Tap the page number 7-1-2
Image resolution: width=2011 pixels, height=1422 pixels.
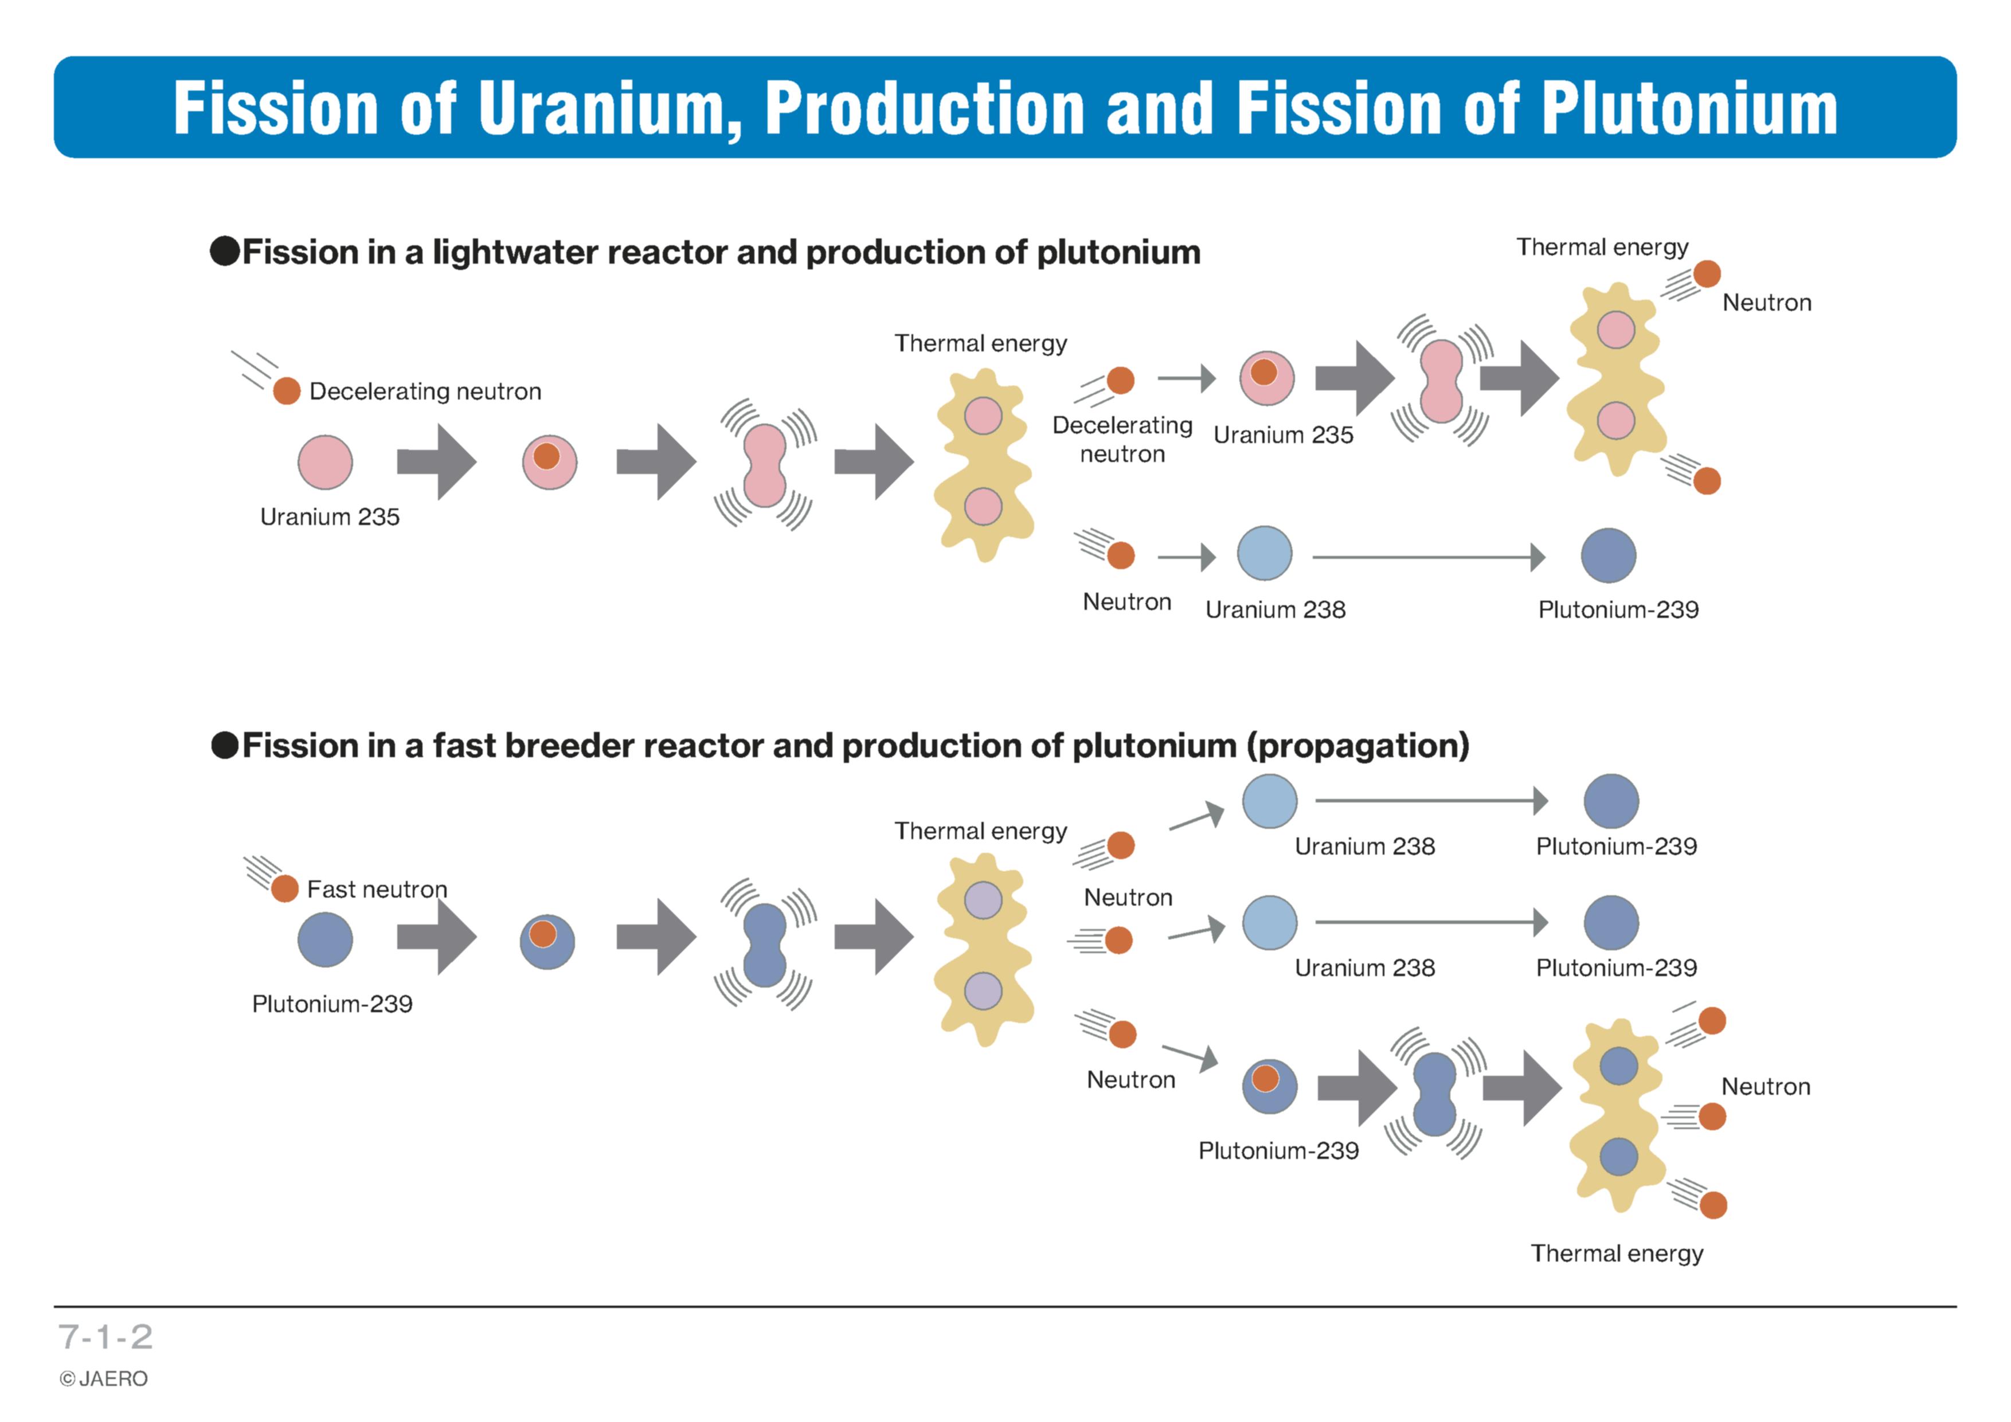click(105, 1337)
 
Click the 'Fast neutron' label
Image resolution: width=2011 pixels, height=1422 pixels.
click(377, 890)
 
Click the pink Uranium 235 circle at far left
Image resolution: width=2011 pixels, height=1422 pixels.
click(325, 463)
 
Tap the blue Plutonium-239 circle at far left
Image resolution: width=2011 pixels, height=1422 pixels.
click(325, 939)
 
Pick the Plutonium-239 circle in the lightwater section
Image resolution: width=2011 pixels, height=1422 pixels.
click(1608, 555)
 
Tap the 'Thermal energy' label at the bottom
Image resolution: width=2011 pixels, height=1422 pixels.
click(1617, 1254)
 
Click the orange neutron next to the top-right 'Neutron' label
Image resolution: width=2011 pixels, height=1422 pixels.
click(1706, 274)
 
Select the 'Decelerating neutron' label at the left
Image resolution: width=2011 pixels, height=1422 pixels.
click(426, 391)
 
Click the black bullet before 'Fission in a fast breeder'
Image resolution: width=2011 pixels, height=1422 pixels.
click(225, 746)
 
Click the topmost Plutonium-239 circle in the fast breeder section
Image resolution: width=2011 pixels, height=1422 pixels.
click(1611, 801)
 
